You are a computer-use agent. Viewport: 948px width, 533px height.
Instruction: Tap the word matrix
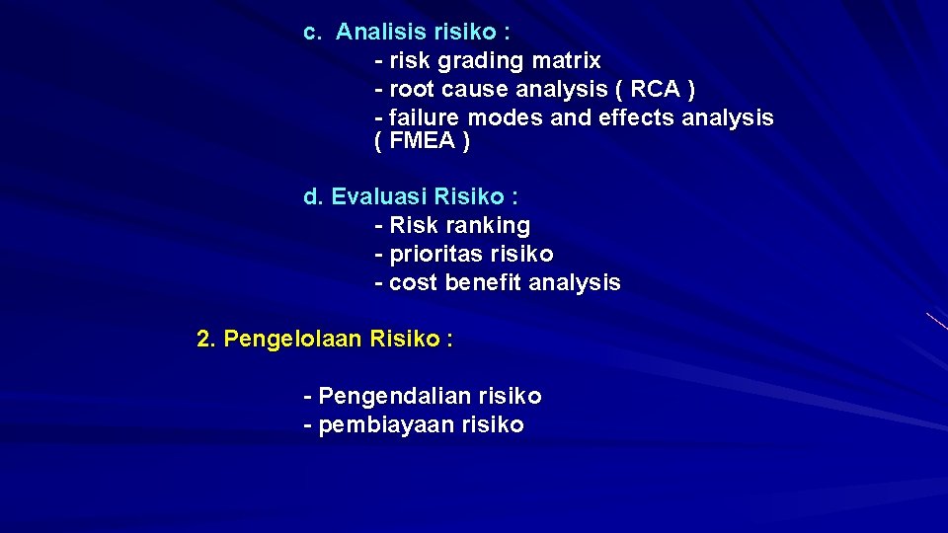pos(565,61)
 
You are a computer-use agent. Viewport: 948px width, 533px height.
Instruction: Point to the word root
pos(414,90)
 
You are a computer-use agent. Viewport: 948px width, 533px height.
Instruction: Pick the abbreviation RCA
pos(655,90)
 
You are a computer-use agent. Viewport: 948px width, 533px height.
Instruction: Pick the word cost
pos(414,283)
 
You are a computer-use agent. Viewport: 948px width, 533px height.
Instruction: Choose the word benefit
pos(484,283)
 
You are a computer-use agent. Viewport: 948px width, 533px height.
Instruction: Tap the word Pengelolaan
pos(293,341)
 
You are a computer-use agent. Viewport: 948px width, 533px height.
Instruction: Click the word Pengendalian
pos(395,397)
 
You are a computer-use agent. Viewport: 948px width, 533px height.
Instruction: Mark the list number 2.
pos(205,340)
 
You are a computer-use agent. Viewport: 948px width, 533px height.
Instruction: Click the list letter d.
pos(312,196)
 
